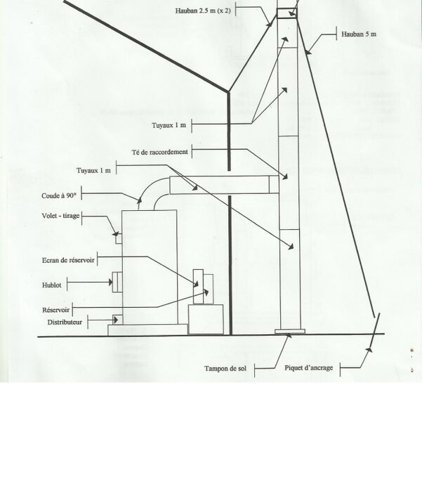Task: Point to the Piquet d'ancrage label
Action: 310,368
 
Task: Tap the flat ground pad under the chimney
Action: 291,332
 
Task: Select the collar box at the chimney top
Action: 286,12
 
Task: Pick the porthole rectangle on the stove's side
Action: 119,281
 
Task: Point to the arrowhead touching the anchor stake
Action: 369,347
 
